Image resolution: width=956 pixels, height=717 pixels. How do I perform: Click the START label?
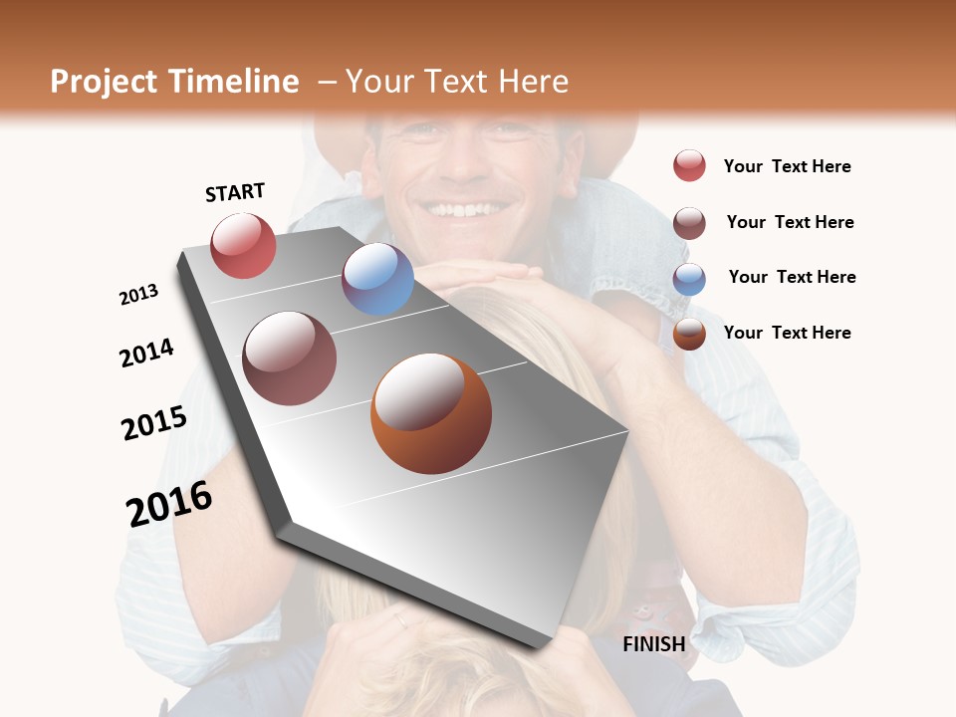(235, 192)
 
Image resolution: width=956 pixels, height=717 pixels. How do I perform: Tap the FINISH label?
(653, 644)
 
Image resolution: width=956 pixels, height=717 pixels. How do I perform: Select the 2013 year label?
(138, 295)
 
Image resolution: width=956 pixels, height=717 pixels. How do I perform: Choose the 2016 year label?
(169, 503)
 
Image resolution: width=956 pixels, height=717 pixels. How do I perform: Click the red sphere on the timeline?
(243, 245)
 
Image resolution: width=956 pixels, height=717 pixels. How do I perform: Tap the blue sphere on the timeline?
(377, 279)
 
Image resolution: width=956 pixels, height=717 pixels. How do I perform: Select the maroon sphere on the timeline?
(290, 358)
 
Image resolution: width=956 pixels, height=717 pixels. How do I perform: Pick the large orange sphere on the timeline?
(431, 413)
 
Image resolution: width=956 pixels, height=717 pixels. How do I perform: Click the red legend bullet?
(689, 165)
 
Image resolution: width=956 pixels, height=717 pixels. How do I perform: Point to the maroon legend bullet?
(689, 222)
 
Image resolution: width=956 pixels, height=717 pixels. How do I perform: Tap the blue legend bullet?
(689, 278)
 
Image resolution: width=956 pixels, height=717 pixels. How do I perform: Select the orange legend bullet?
(689, 334)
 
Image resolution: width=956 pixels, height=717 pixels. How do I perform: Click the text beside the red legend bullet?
(787, 166)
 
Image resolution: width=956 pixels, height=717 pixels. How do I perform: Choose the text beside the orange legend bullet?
(787, 333)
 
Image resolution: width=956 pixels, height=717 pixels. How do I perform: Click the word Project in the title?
(103, 82)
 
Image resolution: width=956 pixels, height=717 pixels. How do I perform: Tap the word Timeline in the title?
(233, 82)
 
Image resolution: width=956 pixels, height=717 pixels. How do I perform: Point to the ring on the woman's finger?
(399, 620)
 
